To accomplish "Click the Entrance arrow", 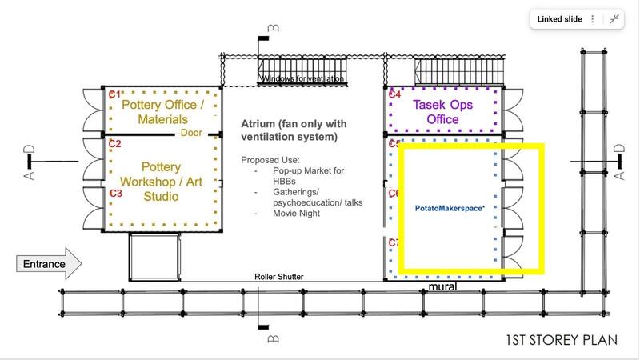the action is [49, 264].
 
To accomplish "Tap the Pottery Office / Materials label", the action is [163, 112].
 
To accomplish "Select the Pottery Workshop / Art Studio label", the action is [162, 182].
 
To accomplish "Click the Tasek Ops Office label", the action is [443, 112].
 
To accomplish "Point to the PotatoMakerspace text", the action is [450, 208].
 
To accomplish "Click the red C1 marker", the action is [114, 94].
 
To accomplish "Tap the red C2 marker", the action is [114, 144].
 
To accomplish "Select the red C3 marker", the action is [115, 193].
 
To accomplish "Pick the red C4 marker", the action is [394, 94].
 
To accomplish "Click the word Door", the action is [191, 133].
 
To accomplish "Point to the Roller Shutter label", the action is [279, 277].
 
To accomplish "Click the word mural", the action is [442, 286].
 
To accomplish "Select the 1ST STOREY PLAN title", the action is [562, 340].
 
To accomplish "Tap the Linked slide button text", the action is [559, 19].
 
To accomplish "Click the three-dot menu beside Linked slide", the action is [593, 19].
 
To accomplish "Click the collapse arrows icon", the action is [614, 19].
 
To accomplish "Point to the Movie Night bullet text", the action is [296, 213].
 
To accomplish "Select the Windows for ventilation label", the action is [302, 78].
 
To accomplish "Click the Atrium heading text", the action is [294, 130].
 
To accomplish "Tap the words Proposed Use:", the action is [270, 160].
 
